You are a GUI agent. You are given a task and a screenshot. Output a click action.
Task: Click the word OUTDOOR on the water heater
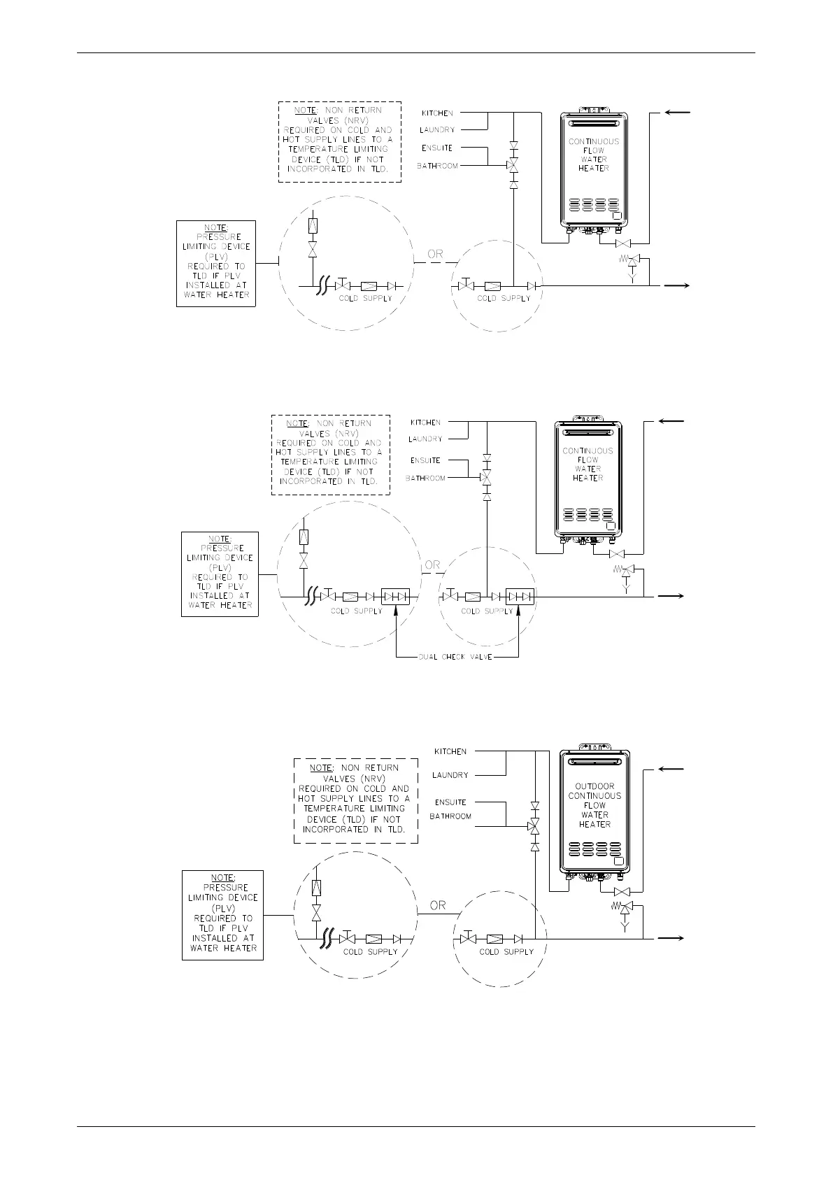(x=595, y=786)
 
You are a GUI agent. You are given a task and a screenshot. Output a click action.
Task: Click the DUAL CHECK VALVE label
(x=455, y=658)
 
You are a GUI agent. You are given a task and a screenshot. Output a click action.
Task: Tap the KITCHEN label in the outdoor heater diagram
(x=450, y=751)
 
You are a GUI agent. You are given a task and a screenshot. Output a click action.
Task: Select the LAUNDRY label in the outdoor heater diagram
(x=450, y=775)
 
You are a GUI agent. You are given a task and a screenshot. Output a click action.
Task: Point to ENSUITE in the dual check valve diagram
(x=426, y=460)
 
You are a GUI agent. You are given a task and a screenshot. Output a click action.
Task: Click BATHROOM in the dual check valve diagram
(x=425, y=478)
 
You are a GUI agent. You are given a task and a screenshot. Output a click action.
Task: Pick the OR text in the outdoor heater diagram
(x=438, y=905)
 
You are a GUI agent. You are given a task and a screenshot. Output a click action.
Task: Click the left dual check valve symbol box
(x=395, y=597)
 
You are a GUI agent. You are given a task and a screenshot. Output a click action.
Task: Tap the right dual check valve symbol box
(x=520, y=597)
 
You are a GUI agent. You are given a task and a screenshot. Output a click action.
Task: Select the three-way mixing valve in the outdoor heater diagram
(x=535, y=826)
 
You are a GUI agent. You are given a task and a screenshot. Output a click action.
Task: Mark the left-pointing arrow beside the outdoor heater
(x=671, y=769)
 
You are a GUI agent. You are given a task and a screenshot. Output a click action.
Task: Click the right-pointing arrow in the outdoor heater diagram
(x=671, y=938)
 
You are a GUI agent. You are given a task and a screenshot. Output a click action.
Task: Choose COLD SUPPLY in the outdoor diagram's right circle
(x=506, y=952)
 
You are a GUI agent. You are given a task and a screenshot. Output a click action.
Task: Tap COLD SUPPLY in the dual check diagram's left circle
(x=357, y=611)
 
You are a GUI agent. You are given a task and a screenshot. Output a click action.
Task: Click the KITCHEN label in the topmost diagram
(x=437, y=113)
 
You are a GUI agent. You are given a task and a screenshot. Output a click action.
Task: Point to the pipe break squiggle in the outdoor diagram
(x=324, y=938)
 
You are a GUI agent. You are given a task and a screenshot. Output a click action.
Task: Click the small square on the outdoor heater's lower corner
(x=618, y=861)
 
